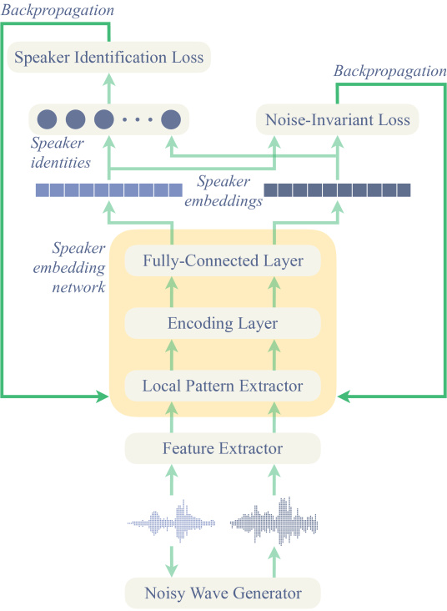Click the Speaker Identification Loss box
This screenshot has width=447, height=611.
(x=109, y=58)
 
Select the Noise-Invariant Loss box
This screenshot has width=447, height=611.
(x=337, y=119)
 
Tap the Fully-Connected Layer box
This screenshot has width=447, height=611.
(x=223, y=260)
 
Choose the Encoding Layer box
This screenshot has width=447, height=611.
(x=223, y=323)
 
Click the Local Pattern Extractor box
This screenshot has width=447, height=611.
(x=223, y=386)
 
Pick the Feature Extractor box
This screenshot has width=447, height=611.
(x=223, y=448)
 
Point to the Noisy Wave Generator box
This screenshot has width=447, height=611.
(x=223, y=593)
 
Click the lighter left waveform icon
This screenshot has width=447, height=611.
(x=171, y=521)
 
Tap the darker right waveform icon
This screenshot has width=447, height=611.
(x=274, y=520)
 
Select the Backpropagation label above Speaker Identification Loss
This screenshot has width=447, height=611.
(x=58, y=10)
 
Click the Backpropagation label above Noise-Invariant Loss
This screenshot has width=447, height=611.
(x=390, y=71)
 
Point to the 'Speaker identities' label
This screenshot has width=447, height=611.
(x=61, y=153)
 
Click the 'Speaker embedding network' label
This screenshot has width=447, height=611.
(x=69, y=268)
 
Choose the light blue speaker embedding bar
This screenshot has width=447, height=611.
(x=109, y=190)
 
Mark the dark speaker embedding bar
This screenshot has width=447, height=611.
(x=337, y=190)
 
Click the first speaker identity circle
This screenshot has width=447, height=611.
(x=47, y=119)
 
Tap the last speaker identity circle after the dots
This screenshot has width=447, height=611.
(x=171, y=119)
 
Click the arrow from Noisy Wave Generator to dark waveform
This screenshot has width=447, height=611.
(x=274, y=562)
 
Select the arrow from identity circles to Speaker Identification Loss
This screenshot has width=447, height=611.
(x=109, y=88)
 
